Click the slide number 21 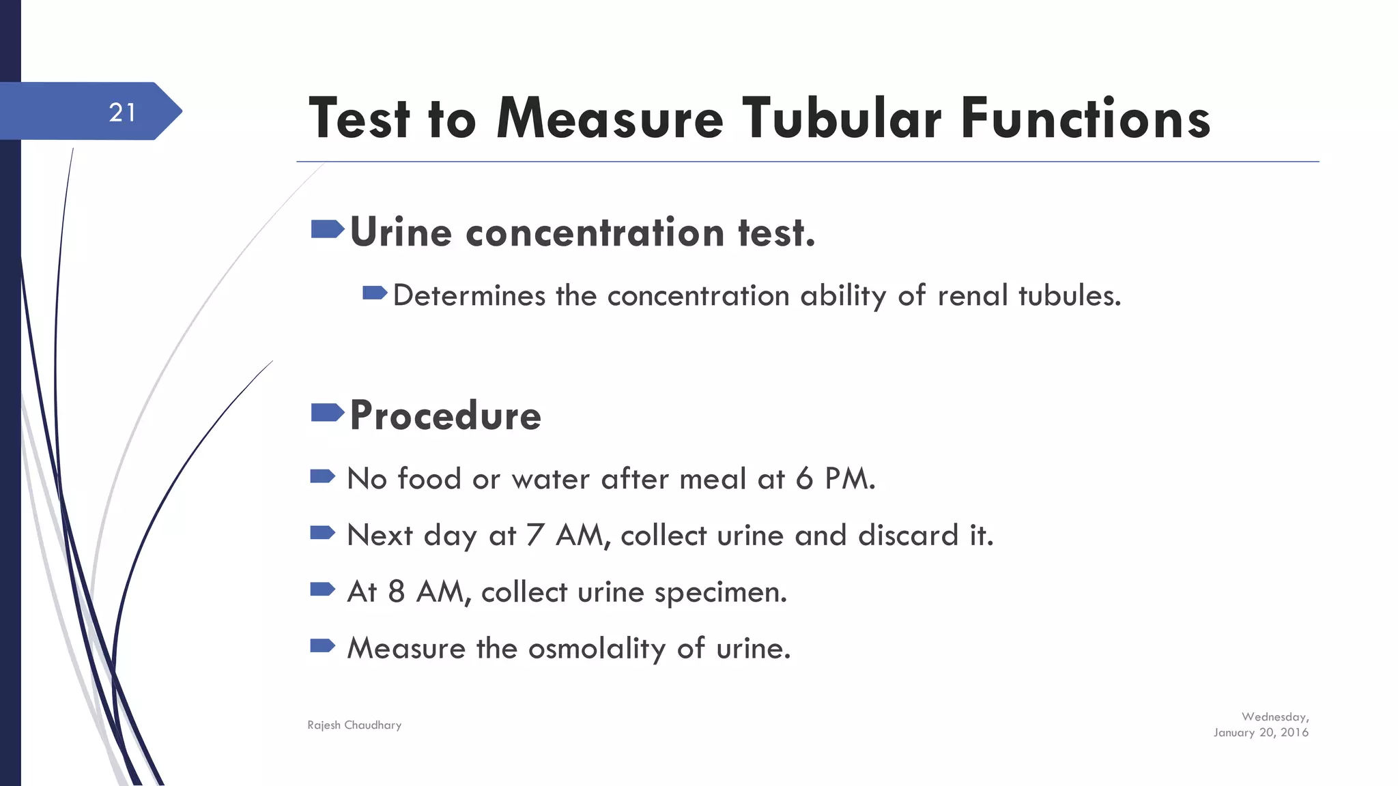(x=122, y=113)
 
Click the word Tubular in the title (x=842, y=119)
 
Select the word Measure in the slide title (x=610, y=119)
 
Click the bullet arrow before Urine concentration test (x=327, y=229)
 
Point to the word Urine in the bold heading (x=401, y=233)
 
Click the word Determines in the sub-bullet (x=469, y=296)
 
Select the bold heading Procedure (x=445, y=415)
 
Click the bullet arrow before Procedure (x=327, y=412)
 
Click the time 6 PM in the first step (x=835, y=479)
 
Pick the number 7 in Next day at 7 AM (x=535, y=536)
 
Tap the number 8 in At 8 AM (x=396, y=592)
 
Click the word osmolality (x=597, y=649)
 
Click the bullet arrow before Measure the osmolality (x=322, y=645)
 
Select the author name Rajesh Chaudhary (x=354, y=725)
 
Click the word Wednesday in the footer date (x=1274, y=717)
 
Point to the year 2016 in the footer (x=1294, y=733)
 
